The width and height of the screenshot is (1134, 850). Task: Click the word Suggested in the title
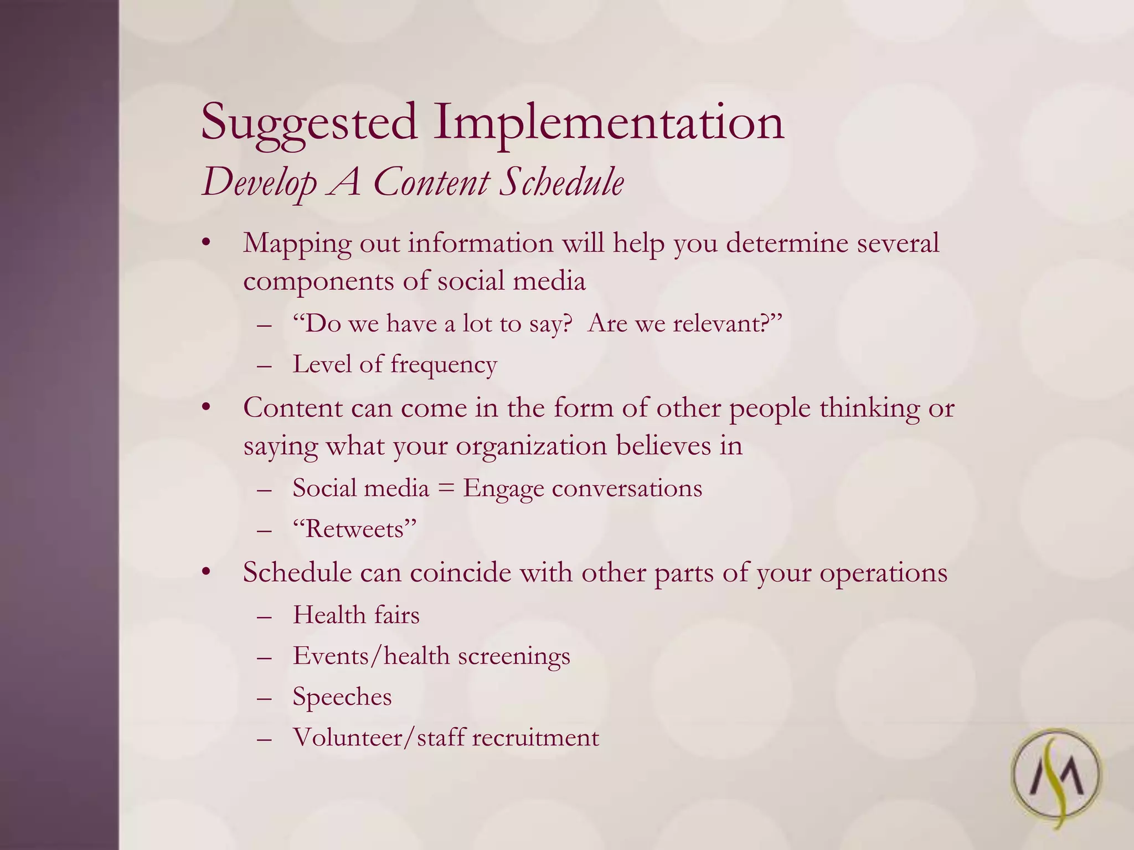coord(308,123)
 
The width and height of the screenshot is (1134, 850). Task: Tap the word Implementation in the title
coord(609,123)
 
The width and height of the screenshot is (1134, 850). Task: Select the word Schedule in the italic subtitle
coord(561,183)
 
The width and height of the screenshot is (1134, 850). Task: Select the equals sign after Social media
coord(446,489)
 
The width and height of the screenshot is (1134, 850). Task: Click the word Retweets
coord(354,530)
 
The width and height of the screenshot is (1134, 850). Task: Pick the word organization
coord(531,446)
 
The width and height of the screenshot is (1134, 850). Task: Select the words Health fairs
coord(356,615)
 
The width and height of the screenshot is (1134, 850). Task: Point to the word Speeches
coord(342,697)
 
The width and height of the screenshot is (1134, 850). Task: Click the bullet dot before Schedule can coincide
coord(207,572)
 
